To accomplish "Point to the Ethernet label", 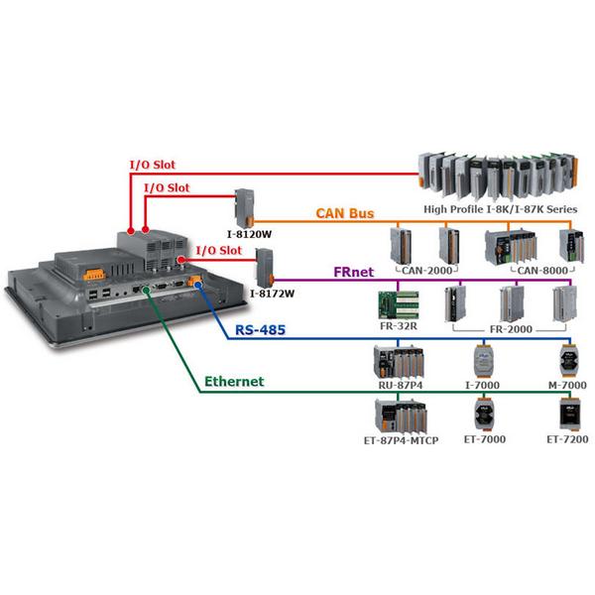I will (234, 381).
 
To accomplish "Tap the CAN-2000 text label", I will (427, 268).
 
